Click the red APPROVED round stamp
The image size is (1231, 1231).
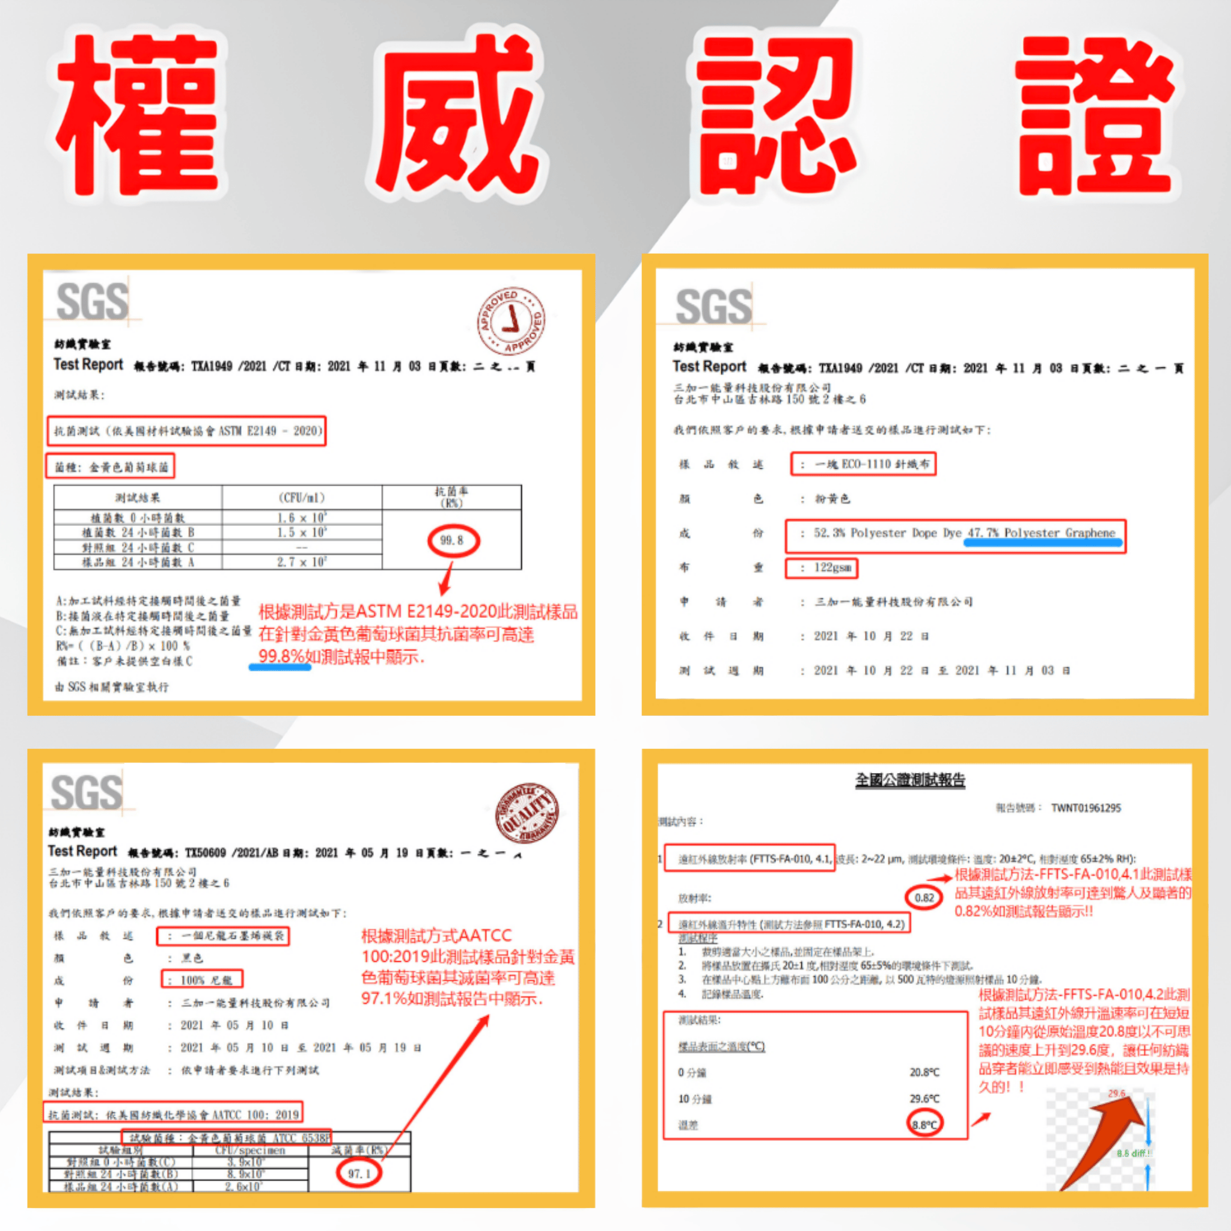tap(512, 320)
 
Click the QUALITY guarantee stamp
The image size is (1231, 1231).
tap(528, 813)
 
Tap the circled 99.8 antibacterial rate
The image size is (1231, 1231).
tap(452, 540)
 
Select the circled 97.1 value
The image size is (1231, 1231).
tap(359, 1173)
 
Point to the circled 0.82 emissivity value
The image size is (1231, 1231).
tap(924, 898)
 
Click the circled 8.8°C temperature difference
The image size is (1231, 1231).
tap(924, 1125)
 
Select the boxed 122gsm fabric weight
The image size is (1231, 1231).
tap(822, 567)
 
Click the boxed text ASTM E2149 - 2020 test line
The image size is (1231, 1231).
tap(186, 432)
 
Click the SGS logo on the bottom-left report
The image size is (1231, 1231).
tap(87, 793)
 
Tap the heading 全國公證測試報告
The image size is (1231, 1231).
tap(910, 779)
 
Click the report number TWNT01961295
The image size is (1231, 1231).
tap(1086, 808)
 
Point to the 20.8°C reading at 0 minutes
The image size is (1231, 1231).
tap(924, 1072)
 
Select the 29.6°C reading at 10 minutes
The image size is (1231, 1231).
tap(924, 1099)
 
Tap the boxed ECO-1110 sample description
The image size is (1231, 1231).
tap(863, 464)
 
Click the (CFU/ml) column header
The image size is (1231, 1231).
tap(301, 498)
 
